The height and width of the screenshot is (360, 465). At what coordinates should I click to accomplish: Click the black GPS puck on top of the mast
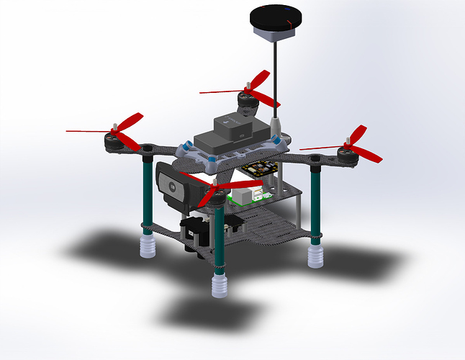[272, 21]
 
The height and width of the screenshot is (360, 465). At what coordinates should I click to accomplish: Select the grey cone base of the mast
[274, 122]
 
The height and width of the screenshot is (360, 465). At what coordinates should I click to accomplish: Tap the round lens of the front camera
[173, 184]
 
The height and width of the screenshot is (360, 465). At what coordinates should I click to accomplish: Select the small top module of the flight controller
[232, 127]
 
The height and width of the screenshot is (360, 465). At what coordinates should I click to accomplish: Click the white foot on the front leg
[220, 284]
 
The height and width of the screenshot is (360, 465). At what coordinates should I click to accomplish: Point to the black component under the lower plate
[195, 234]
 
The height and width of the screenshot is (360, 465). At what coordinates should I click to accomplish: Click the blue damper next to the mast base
[281, 141]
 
